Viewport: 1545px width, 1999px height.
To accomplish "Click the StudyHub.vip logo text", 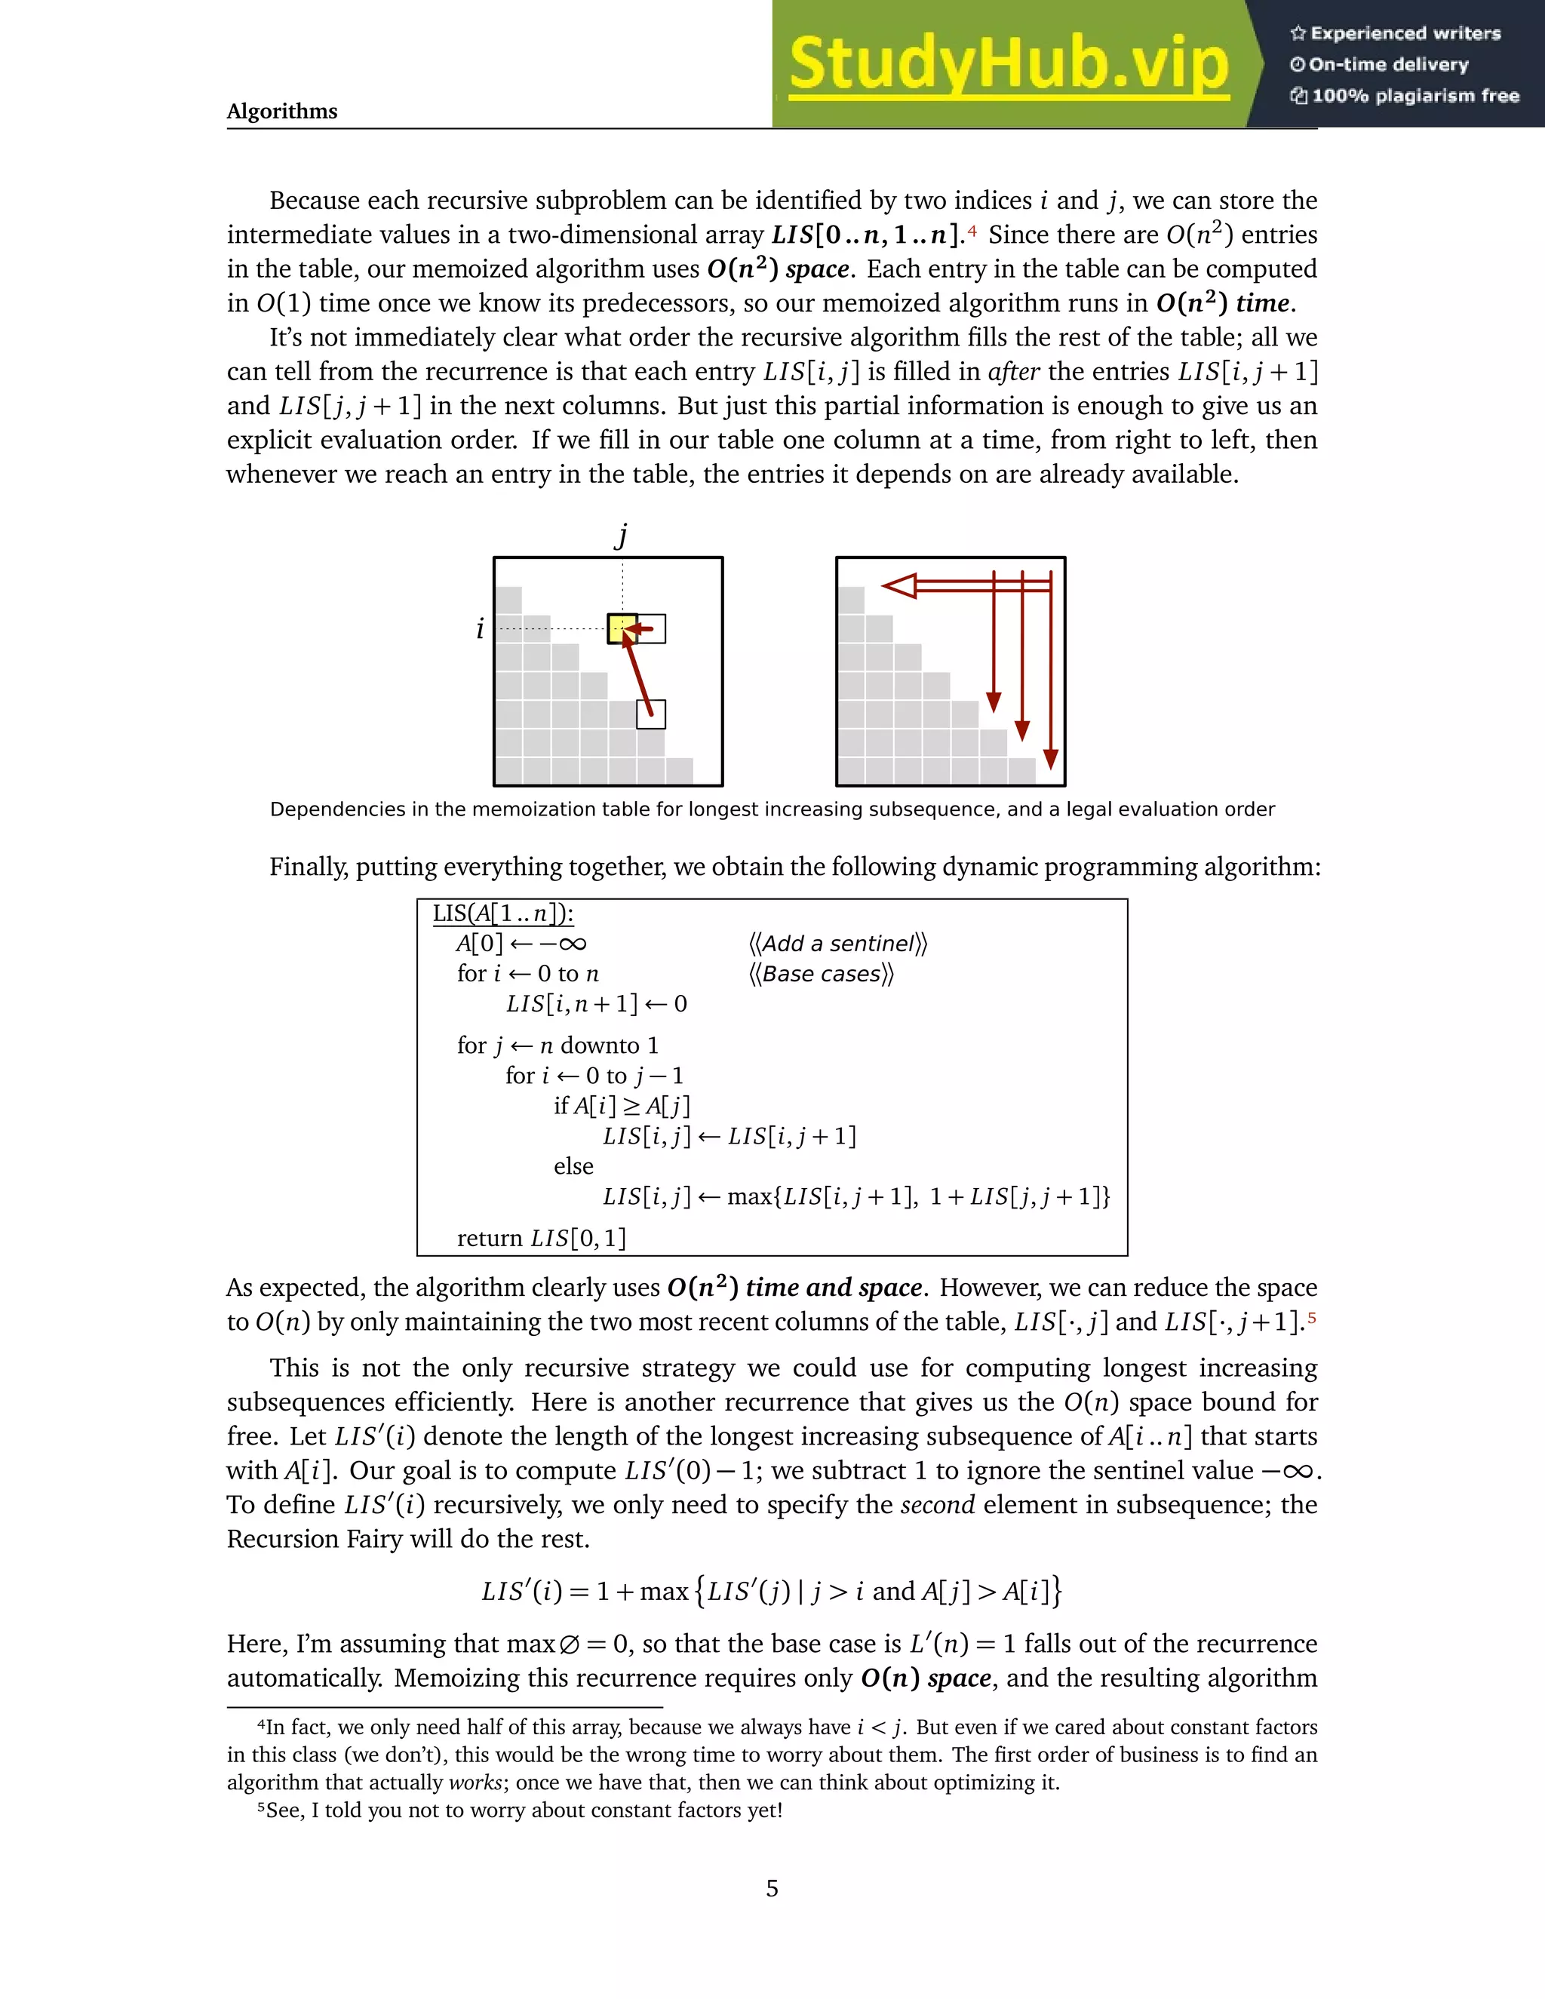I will [x=1008, y=64].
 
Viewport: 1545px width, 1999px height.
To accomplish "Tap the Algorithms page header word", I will [x=282, y=112].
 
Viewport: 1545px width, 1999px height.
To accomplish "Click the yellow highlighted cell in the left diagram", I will [x=622, y=628].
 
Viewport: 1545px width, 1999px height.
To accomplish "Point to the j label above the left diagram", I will [x=622, y=535].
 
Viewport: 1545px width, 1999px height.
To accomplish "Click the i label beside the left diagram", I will [x=480, y=629].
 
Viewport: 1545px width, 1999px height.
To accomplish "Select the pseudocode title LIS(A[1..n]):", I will [x=502, y=914].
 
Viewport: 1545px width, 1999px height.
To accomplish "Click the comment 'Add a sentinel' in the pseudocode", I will [x=837, y=944].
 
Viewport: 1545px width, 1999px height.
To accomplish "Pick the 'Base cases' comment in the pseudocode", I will [x=821, y=974].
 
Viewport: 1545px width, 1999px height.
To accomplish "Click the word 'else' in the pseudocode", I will [x=573, y=1166].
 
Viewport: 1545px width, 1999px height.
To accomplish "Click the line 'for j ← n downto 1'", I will [x=557, y=1046].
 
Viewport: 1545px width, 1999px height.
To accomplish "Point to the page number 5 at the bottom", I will [x=772, y=1888].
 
